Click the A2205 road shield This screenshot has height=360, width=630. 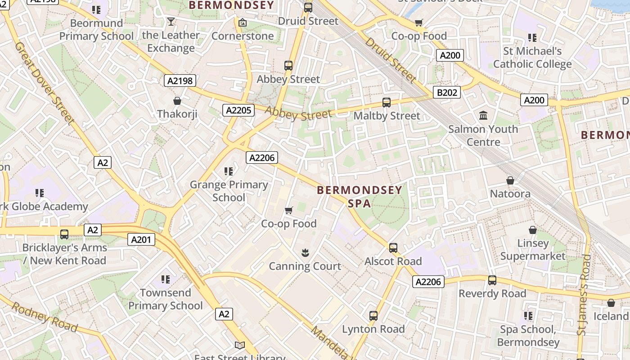pyautogui.click(x=238, y=110)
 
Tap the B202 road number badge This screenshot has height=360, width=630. pyautogui.click(x=447, y=93)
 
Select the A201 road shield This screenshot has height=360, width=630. pyautogui.click(x=141, y=240)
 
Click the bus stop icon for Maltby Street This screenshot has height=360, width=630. pyautogui.click(x=387, y=103)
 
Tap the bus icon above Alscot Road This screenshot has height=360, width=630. pyautogui.click(x=393, y=248)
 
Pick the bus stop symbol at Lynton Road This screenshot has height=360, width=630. pyautogui.click(x=373, y=316)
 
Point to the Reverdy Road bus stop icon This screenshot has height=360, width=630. pyautogui.click(x=492, y=280)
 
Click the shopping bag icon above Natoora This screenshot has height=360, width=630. pyautogui.click(x=510, y=180)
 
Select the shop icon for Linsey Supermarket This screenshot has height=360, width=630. pyautogui.click(x=533, y=230)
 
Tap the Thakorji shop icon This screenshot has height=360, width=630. pyautogui.click(x=177, y=101)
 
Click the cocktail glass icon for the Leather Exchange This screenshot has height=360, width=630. pyautogui.click(x=171, y=21)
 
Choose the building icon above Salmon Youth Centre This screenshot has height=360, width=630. pyautogui.click(x=483, y=116)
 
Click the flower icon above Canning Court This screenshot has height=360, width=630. pyautogui.click(x=305, y=253)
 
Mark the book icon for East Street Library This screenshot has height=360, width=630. pyautogui.click(x=240, y=346)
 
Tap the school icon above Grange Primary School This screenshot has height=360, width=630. pyautogui.click(x=229, y=171)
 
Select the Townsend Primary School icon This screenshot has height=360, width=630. pyautogui.click(x=166, y=279)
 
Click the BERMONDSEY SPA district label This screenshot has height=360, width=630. pyautogui.click(x=360, y=197)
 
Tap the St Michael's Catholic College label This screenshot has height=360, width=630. pyautogui.click(x=532, y=58)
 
